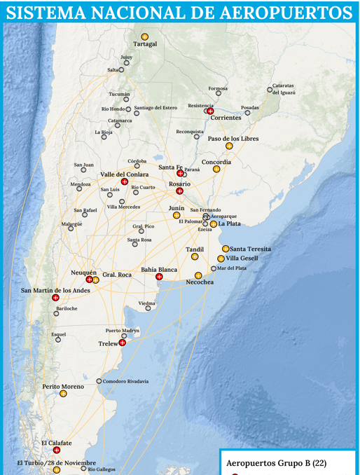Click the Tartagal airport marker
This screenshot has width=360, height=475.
pos(145,36)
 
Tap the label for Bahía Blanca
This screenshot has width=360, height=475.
pos(159,269)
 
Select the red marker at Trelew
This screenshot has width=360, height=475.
pos(123,343)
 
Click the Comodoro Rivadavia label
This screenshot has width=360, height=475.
pos(125,381)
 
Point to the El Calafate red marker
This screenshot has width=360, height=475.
pos(57,450)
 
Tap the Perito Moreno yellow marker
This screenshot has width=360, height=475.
pos(63,394)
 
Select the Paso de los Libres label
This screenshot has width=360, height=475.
pos(233,139)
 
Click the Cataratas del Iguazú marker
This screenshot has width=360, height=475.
pos(270,89)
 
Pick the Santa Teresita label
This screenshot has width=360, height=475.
pos(250,249)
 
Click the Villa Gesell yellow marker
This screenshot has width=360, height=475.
pos(221,259)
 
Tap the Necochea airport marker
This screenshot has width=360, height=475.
pos(198,275)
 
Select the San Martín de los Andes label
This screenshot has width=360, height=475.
pos(55,290)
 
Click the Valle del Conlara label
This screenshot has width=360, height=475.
pos(124,174)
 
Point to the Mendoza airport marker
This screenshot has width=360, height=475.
pos(79,189)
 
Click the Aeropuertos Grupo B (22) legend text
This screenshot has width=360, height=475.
pos(276,463)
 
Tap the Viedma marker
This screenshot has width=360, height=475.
pos(148,308)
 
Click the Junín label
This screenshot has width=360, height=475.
pos(176,208)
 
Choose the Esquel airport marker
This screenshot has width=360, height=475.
pos(58,340)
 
